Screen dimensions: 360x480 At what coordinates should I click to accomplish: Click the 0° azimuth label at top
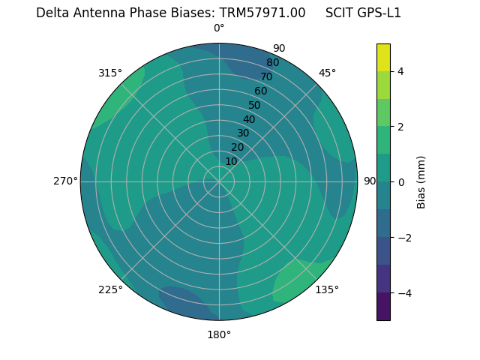219,28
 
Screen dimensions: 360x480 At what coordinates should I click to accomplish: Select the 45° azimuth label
327,73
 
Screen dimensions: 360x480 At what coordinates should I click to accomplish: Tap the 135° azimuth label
327,289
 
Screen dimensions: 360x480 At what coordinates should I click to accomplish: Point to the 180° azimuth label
219,334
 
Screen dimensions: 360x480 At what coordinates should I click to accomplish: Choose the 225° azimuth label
110,289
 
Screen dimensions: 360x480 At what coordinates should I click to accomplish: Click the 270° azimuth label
65,181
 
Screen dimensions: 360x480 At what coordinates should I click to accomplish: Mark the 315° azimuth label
110,73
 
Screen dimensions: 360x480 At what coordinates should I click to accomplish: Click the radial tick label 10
231,161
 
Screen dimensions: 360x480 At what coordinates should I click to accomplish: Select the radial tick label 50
254,105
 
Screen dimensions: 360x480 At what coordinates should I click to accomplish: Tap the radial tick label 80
272,63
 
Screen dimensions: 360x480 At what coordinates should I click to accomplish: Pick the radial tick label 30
243,133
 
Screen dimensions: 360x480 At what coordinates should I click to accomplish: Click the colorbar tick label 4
400,71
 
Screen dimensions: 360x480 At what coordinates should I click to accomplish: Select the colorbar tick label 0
400,182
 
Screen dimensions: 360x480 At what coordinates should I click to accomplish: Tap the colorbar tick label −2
403,238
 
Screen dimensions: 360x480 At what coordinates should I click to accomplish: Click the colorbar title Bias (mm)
421,182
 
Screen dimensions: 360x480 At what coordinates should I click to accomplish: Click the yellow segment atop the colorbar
383,57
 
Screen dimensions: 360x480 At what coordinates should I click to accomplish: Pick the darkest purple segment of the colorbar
383,307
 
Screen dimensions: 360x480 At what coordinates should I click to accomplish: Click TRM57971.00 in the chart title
262,13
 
